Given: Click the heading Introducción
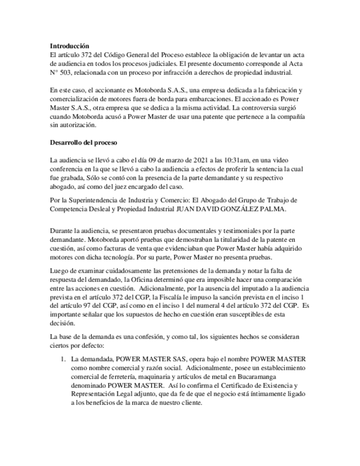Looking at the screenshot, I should (x=69, y=46).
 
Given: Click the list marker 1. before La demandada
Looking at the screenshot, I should (x=63, y=359).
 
